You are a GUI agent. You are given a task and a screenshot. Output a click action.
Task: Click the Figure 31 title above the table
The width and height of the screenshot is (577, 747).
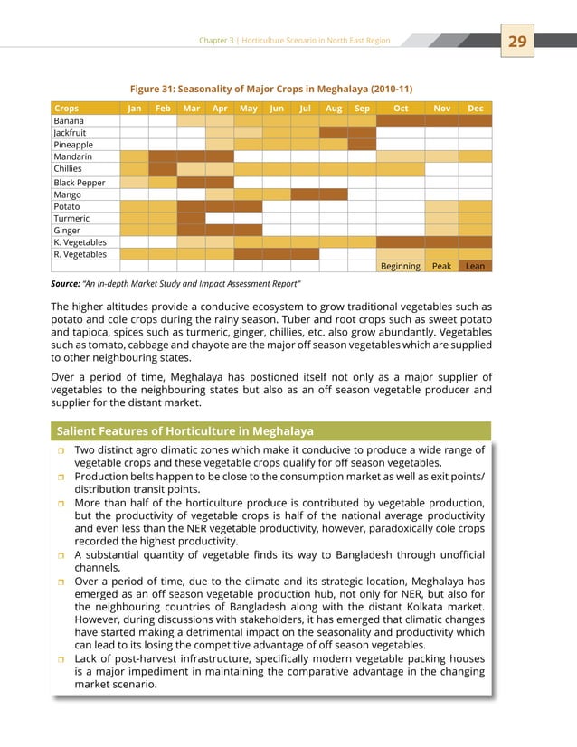(x=271, y=89)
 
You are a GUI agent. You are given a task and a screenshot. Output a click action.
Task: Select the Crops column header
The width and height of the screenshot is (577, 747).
(x=67, y=109)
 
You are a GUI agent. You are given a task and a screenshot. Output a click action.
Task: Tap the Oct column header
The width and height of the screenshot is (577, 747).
(x=400, y=109)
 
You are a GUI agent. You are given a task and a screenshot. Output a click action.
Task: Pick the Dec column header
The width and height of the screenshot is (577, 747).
(x=475, y=109)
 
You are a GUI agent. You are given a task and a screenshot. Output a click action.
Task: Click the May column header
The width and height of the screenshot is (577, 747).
(x=248, y=109)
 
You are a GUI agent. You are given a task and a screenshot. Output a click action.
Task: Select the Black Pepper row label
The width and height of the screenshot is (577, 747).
(x=80, y=182)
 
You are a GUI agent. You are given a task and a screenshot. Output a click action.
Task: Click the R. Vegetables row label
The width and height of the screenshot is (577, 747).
(x=80, y=254)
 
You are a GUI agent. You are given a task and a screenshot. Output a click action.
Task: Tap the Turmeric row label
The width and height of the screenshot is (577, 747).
(x=72, y=218)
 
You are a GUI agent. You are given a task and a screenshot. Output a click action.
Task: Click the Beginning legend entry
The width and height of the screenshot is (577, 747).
(x=400, y=267)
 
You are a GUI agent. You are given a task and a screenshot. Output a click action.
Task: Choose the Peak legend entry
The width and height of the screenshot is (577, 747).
(x=441, y=267)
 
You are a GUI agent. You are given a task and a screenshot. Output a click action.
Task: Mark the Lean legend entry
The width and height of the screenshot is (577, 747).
(x=475, y=267)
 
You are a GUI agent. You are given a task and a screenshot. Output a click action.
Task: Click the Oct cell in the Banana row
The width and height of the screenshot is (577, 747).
(x=400, y=120)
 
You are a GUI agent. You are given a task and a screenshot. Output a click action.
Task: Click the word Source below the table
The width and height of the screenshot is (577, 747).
(x=71, y=284)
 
